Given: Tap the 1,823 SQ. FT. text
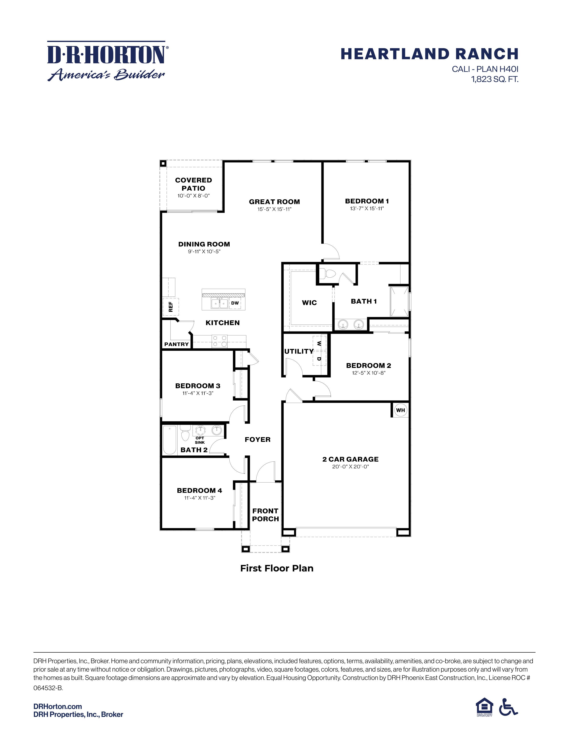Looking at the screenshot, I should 494,80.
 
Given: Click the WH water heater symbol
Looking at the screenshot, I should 401,410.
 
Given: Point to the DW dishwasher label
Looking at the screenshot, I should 235,303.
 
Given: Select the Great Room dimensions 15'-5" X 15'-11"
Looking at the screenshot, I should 274,209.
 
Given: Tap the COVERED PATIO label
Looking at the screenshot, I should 193,184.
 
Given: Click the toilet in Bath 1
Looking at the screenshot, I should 327,273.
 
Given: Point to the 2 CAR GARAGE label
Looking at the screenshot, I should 350,459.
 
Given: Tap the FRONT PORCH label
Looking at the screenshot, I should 265,515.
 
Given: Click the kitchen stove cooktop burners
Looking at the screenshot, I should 219,341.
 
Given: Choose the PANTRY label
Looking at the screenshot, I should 176,344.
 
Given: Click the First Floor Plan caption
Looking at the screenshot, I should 277,569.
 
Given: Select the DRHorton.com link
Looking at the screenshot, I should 58,706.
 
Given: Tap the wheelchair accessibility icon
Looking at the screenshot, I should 508,707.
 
